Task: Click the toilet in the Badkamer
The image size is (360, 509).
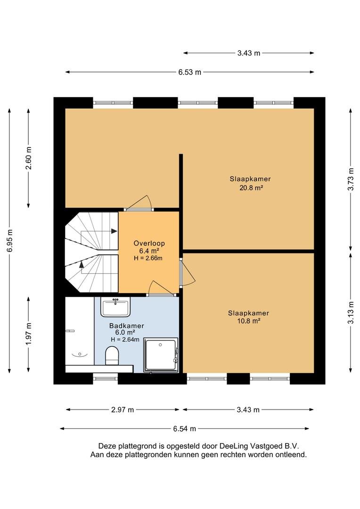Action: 112,355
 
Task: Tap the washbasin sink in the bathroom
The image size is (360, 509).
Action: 115,307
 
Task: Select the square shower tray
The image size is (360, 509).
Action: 161,355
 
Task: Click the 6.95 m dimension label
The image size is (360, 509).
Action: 10,240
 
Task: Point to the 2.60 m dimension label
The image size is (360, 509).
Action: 29,158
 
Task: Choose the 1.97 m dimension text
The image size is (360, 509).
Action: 29,334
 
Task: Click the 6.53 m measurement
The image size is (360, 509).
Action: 189,72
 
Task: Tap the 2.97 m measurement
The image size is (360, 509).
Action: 123,410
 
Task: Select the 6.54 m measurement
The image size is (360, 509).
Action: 184,429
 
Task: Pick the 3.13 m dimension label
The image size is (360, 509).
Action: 351,312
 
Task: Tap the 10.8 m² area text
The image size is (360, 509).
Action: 249,321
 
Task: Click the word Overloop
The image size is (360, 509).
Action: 149,243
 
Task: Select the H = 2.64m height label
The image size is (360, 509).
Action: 125,339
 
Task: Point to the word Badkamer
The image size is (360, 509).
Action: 127,326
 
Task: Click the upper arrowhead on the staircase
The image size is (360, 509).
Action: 114,231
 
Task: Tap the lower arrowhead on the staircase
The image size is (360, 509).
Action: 82,264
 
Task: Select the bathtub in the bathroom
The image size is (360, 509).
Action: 80,331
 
